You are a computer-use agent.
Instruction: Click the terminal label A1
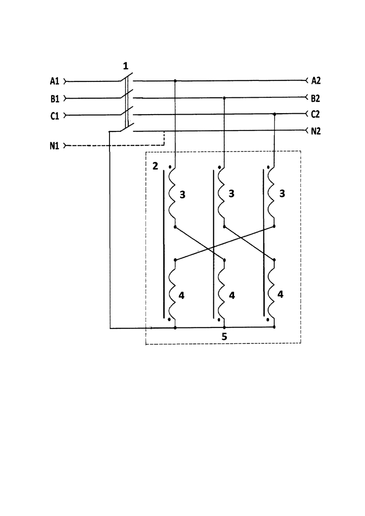55,81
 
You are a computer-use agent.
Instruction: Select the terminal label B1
55,98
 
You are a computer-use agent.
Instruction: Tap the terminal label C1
55,116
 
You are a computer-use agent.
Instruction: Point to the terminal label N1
55,146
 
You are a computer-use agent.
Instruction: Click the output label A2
315,80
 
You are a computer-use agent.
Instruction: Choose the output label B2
315,98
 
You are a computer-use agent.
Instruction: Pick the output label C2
315,114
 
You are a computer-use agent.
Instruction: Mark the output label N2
315,131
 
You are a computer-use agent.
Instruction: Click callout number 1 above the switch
125,66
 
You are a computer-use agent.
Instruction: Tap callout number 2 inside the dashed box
155,166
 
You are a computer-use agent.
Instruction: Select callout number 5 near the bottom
224,337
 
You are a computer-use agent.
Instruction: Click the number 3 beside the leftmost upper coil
182,195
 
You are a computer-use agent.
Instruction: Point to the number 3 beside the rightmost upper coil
282,194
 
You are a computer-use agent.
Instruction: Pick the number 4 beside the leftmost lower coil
182,296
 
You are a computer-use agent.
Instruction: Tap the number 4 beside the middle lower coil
232,296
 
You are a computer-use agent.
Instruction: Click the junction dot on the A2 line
175,80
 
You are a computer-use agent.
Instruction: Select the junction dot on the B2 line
224,98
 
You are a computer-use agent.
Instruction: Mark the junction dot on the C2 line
275,114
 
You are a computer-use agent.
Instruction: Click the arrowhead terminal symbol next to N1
65,145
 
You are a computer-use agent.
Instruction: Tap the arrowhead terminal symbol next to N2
307,131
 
